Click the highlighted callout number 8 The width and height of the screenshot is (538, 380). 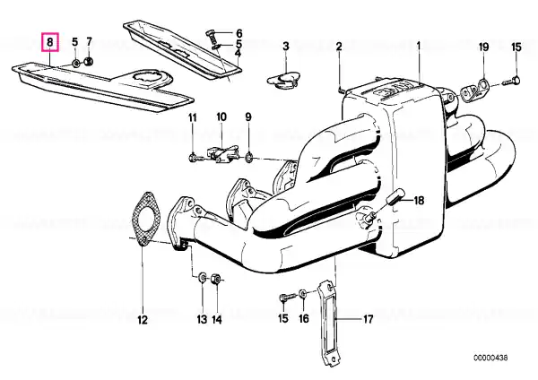50,42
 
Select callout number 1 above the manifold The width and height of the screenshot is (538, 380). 418,45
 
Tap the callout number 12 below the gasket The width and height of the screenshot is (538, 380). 143,320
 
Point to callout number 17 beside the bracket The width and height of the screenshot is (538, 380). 368,319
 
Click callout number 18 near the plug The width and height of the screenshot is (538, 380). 419,200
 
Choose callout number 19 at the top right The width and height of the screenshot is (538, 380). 484,47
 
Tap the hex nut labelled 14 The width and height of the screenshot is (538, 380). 216,278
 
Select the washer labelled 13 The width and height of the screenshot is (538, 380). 203,277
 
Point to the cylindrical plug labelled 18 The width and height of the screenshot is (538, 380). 395,197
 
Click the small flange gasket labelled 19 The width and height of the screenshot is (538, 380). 473,91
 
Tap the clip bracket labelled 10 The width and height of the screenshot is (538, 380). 222,155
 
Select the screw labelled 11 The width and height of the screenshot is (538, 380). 195,158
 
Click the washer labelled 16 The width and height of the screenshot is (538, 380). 303,294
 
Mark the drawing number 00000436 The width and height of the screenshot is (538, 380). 490,358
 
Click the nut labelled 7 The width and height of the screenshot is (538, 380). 89,62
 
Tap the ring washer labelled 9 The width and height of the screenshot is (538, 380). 249,158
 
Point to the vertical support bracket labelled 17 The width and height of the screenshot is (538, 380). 328,323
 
